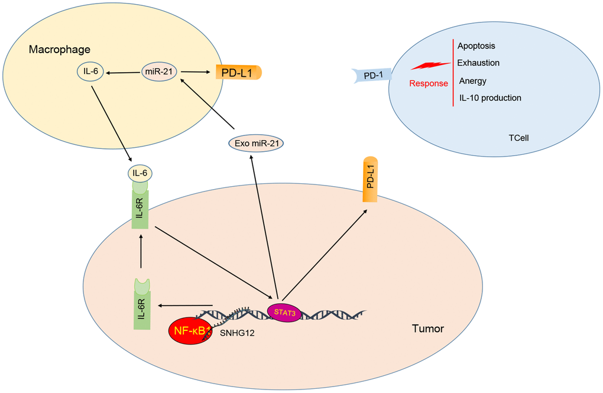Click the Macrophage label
[x=59, y=48]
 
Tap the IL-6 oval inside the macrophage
[x=91, y=72]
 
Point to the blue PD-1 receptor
[x=369, y=76]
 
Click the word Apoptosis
[x=476, y=46]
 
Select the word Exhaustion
[x=478, y=63]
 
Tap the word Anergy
[x=472, y=81]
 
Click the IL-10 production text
[x=489, y=98]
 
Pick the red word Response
[x=429, y=83]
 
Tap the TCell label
[x=518, y=138]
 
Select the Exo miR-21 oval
[x=255, y=142]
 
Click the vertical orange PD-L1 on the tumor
[x=371, y=180]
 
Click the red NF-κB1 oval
[x=190, y=330]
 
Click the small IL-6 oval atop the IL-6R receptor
[x=141, y=173]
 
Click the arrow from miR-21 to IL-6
[x=122, y=73]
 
